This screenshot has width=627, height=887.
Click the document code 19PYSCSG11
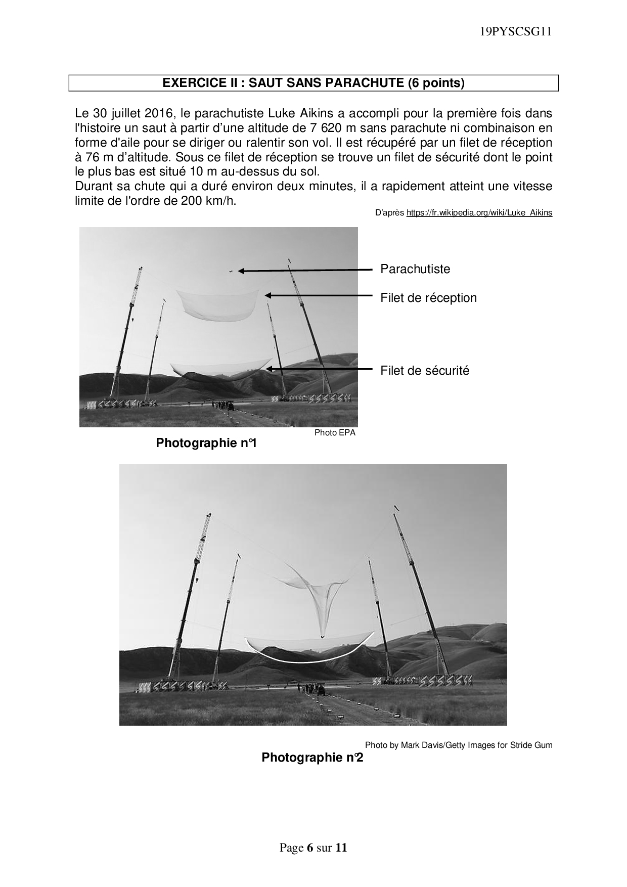(x=515, y=32)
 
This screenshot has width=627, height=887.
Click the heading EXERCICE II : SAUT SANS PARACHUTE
(x=313, y=83)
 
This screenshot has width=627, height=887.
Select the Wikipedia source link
(x=479, y=213)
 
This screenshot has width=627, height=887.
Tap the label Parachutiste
(x=415, y=269)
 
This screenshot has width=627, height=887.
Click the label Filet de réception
(x=428, y=298)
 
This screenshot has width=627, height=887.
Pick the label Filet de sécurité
(x=425, y=371)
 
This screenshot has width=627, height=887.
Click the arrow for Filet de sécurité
(x=319, y=370)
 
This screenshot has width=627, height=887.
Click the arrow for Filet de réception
(x=319, y=295)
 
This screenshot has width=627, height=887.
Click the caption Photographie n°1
(x=206, y=443)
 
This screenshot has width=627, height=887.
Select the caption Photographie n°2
(x=312, y=758)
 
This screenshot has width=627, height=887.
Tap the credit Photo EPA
(x=335, y=432)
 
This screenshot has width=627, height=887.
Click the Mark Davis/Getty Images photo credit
(x=459, y=745)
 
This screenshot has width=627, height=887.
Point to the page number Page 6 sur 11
(x=313, y=848)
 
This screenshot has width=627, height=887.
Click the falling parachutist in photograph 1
(x=230, y=271)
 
